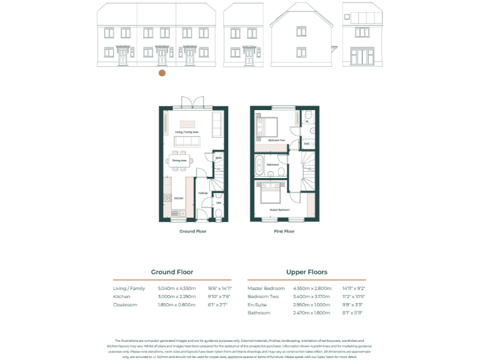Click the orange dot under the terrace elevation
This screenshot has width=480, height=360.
pyautogui.click(x=162, y=73)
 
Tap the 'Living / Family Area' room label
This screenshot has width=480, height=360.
pyautogui.click(x=186, y=132)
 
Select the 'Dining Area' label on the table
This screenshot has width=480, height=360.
pyautogui.click(x=179, y=161)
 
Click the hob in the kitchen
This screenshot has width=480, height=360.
pyautogui.click(x=168, y=199)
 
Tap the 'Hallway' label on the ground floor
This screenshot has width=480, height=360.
pyautogui.click(x=202, y=193)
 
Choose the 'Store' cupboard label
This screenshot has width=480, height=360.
pyautogui.click(x=219, y=158)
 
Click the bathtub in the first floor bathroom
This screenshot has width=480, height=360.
pyautogui.click(x=258, y=165)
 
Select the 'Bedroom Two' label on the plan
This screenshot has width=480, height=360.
pyautogui.click(x=277, y=141)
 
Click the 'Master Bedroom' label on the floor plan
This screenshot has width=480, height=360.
pyautogui.click(x=279, y=210)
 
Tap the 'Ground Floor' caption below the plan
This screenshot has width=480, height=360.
pyautogui.click(x=192, y=231)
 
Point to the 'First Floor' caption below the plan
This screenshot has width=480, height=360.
pyautogui.click(x=284, y=231)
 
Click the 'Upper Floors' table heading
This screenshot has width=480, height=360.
pyautogui.click(x=306, y=272)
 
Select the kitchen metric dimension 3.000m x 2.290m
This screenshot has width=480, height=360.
pyautogui.click(x=177, y=296)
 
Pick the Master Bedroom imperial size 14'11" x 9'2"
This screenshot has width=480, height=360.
pyautogui.click(x=351, y=288)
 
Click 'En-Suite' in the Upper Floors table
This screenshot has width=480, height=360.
pyautogui.click(x=257, y=304)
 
